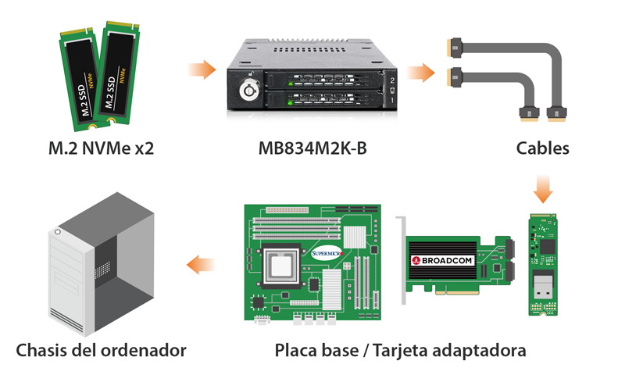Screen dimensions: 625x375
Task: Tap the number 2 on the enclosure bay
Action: click(392, 80)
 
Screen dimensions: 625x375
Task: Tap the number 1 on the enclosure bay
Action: click(392, 100)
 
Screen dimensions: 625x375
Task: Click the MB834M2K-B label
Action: click(312, 148)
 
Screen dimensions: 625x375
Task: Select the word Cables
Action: click(542, 148)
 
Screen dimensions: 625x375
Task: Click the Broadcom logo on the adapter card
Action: click(442, 261)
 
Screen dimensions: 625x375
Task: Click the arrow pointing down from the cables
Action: click(543, 189)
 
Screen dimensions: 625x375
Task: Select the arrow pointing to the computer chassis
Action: click(201, 265)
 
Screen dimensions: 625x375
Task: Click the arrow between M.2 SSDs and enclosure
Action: click(202, 70)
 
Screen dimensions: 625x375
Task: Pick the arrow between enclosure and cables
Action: click(420, 73)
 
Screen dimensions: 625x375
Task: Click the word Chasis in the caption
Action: click(41, 350)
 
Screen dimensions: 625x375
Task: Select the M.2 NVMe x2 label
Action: click(102, 148)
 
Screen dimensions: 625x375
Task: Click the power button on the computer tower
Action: click(58, 232)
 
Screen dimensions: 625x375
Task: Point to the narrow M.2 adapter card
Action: click(543, 265)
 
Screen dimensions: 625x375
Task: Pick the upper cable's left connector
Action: click(455, 48)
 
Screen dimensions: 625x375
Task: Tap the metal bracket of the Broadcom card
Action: click(402, 259)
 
